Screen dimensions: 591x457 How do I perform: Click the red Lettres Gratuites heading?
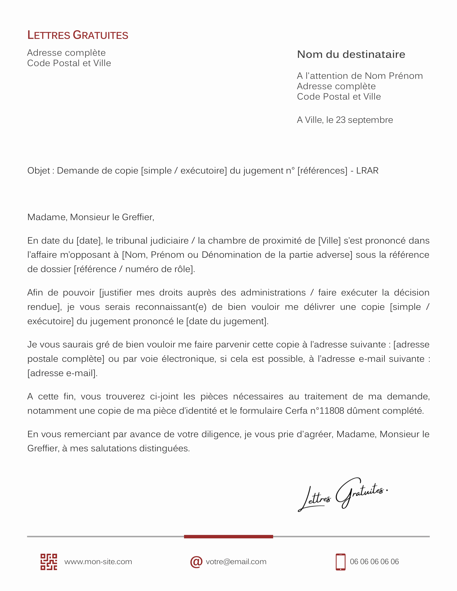pos(78,35)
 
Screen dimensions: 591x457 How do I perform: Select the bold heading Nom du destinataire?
pos(351,54)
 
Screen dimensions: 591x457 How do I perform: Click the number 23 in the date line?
pos(341,120)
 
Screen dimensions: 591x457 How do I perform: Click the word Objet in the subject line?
pos(39,171)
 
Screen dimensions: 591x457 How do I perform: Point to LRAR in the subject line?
pos(367,171)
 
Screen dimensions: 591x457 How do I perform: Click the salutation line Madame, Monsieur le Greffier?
pos(91,217)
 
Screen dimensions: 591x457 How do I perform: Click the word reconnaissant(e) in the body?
pos(171,307)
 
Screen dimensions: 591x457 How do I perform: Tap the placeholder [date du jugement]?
pos(227,321)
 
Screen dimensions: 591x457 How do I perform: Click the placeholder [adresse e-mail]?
pos(62,373)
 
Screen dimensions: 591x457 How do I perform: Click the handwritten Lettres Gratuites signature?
pos(342,495)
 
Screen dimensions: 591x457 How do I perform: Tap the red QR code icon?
pos(49,562)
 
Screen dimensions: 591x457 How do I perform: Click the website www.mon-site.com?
pos(98,562)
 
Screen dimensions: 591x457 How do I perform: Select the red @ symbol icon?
pos(196,562)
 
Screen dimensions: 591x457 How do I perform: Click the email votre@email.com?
pos(236,562)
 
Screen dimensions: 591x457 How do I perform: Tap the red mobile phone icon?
pos(340,562)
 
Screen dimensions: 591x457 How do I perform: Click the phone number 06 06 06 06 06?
pos(374,562)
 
